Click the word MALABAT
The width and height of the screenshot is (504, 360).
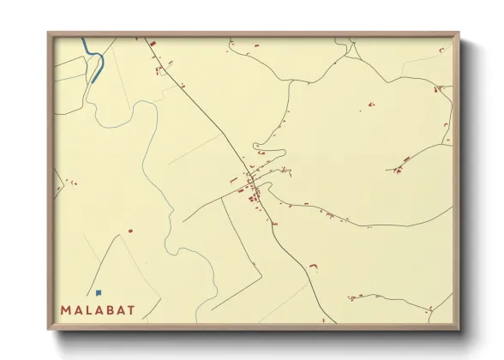(98, 309)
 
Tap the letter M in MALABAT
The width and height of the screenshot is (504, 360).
(66, 309)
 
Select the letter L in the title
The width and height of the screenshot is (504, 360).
(88, 309)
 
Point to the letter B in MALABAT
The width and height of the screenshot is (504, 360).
(109, 309)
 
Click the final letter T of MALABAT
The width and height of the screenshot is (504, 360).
(130, 309)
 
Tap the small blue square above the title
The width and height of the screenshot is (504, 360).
(99, 292)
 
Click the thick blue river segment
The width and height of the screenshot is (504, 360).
(94, 57)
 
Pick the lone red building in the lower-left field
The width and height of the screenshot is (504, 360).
(130, 230)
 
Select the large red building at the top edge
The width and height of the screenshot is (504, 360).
(152, 43)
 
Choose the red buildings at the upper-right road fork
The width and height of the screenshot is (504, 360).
(436, 88)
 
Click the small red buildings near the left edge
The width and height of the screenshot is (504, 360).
(71, 182)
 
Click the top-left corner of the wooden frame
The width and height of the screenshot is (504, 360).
(49, 33)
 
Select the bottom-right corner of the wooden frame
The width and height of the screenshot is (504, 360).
(459, 328)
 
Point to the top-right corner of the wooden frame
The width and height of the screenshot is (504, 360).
(459, 33)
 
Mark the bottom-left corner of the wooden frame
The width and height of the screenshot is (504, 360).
(49, 328)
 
